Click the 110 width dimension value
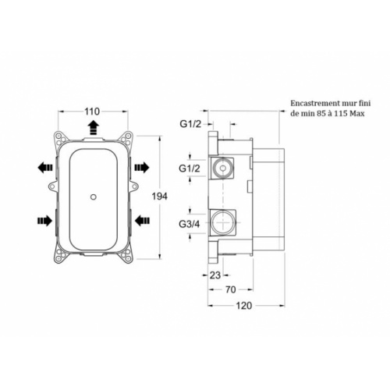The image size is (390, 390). (x=92, y=112)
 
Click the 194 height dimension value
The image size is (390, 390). (x=160, y=197)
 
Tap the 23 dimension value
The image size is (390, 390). (x=215, y=275)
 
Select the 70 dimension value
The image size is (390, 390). (x=231, y=289)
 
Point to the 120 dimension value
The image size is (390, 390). (x=244, y=306)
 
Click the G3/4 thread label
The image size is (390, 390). (x=190, y=224)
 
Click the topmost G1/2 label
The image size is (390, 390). (x=190, y=124)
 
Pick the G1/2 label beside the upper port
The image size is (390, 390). (x=190, y=168)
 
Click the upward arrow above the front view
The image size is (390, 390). (x=94, y=128)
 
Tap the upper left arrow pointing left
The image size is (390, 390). (x=45, y=168)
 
